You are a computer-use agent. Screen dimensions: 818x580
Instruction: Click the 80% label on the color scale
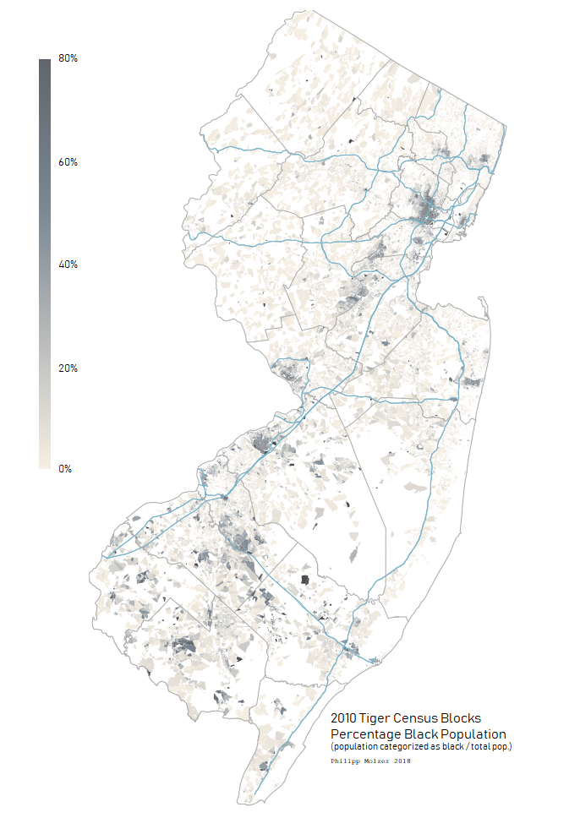point(68,58)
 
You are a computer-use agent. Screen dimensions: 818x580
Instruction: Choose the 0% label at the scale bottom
point(65,468)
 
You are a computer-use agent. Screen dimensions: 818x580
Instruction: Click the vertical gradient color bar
point(44,263)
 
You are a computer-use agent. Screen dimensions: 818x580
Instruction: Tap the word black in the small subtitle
point(445,747)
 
